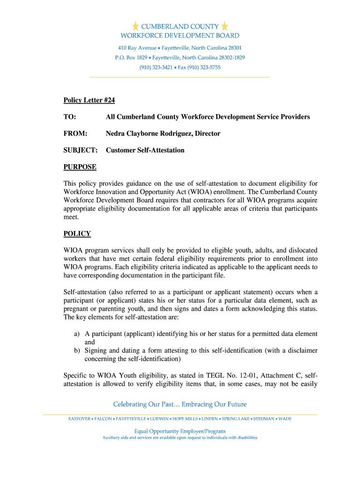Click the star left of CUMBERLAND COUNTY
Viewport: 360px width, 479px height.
[136, 26]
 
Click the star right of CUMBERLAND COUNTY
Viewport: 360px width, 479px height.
[224, 26]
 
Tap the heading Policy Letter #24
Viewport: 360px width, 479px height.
[89, 100]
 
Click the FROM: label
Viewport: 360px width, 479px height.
[75, 134]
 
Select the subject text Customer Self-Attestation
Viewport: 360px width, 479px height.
[145, 151]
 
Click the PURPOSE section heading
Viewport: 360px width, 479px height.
[80, 167]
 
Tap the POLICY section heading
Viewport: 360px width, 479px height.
[77, 234]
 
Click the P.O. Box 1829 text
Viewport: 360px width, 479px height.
[131, 58]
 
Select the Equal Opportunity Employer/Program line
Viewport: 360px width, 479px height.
[180, 431]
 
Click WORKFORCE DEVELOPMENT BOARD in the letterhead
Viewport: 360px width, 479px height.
[180, 36]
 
